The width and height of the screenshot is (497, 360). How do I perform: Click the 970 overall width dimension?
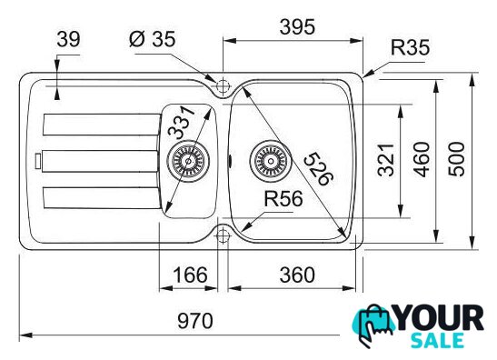coord(195,321)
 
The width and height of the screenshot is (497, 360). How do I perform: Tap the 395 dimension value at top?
coord(297,27)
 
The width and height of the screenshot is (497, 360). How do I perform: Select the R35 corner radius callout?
coord(410,47)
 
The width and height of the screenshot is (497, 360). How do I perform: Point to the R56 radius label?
coord(283,199)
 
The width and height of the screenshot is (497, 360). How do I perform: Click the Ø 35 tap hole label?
coord(152,39)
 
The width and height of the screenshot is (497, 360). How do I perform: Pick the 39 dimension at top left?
coord(68,39)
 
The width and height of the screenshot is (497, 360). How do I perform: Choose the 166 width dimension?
coord(190,275)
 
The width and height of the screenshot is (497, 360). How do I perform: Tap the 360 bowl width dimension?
coord(297,275)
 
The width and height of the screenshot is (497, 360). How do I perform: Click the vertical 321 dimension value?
coord(386,160)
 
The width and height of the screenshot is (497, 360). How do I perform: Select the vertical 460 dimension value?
coord(422,159)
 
